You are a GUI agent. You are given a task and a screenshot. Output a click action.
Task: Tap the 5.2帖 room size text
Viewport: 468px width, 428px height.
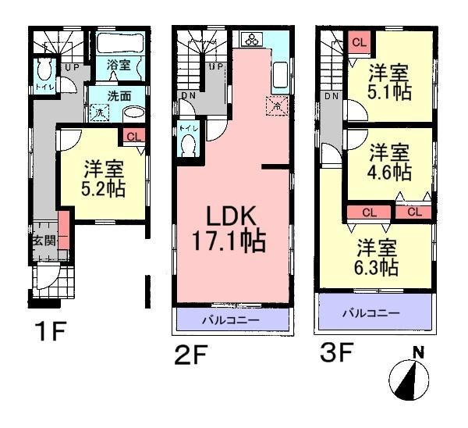(103, 188)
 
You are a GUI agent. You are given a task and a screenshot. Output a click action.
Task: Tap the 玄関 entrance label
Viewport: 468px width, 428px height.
(43, 241)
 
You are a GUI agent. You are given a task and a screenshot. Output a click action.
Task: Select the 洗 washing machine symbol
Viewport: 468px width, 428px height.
(100, 112)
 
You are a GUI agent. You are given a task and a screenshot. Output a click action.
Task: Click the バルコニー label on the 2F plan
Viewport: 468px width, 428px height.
(232, 320)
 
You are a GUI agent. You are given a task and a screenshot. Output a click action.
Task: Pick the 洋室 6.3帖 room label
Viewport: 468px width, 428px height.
(378, 258)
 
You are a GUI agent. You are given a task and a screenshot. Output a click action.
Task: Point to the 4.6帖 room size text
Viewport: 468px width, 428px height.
(390, 169)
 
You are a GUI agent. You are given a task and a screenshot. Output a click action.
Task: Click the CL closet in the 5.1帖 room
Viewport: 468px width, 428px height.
(359, 41)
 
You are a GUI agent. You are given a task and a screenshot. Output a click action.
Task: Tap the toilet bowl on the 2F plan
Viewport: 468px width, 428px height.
(187, 144)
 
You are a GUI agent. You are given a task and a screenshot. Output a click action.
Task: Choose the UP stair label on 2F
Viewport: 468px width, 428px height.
(214, 67)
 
